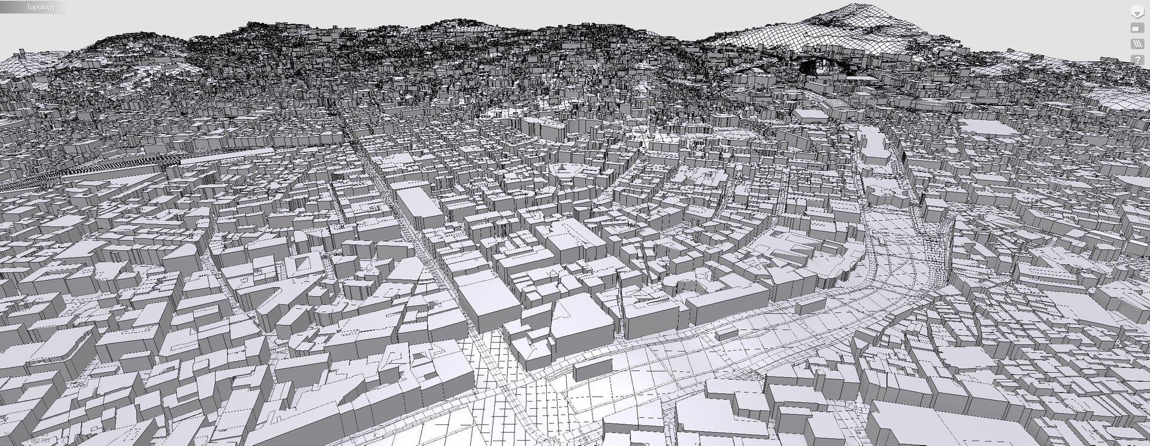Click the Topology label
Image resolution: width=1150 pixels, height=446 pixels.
coord(40,7)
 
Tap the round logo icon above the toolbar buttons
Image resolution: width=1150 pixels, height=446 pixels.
coord(1137,11)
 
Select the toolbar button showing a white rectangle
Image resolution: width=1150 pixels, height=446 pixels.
coord(1137,28)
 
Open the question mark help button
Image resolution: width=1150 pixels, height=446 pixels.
coord(1137,60)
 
